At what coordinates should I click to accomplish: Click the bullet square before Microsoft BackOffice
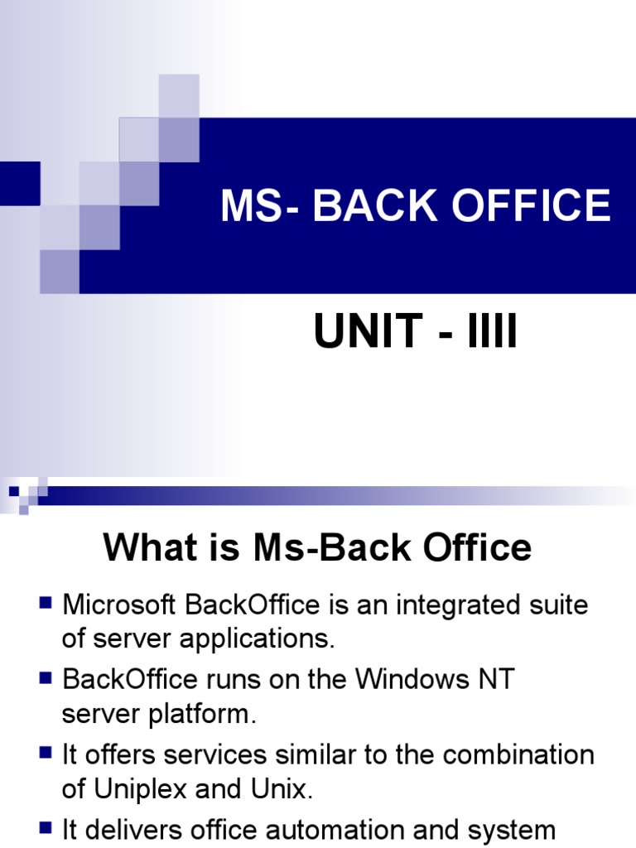[46, 602]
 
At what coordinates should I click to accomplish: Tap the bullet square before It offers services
[46, 752]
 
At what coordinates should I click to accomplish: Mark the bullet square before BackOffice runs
[46, 677]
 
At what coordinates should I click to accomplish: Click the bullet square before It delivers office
[46, 826]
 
